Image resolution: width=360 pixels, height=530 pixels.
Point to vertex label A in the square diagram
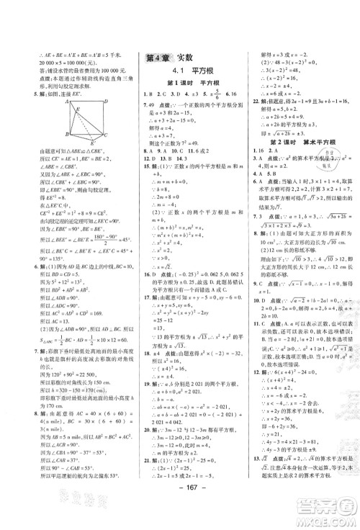coord(67,102)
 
